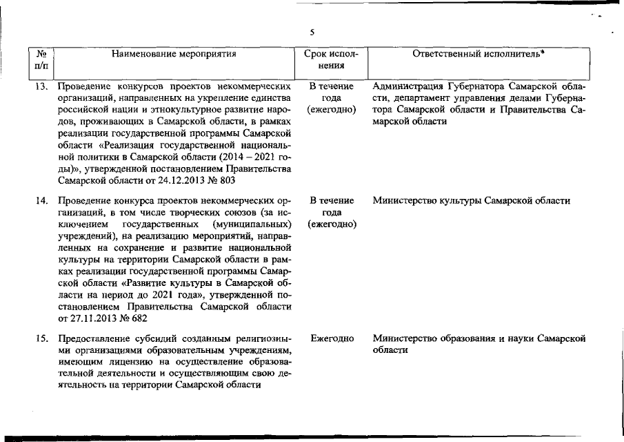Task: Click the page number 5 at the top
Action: (x=312, y=31)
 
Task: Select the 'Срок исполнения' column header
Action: (x=331, y=59)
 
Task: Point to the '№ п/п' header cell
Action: (x=41, y=59)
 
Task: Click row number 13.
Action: (x=41, y=87)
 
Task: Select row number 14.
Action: (x=41, y=201)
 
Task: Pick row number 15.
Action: (x=41, y=338)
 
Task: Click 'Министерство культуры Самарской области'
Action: (x=471, y=201)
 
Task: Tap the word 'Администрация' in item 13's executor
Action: (x=404, y=87)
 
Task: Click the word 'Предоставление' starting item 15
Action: (x=92, y=338)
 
